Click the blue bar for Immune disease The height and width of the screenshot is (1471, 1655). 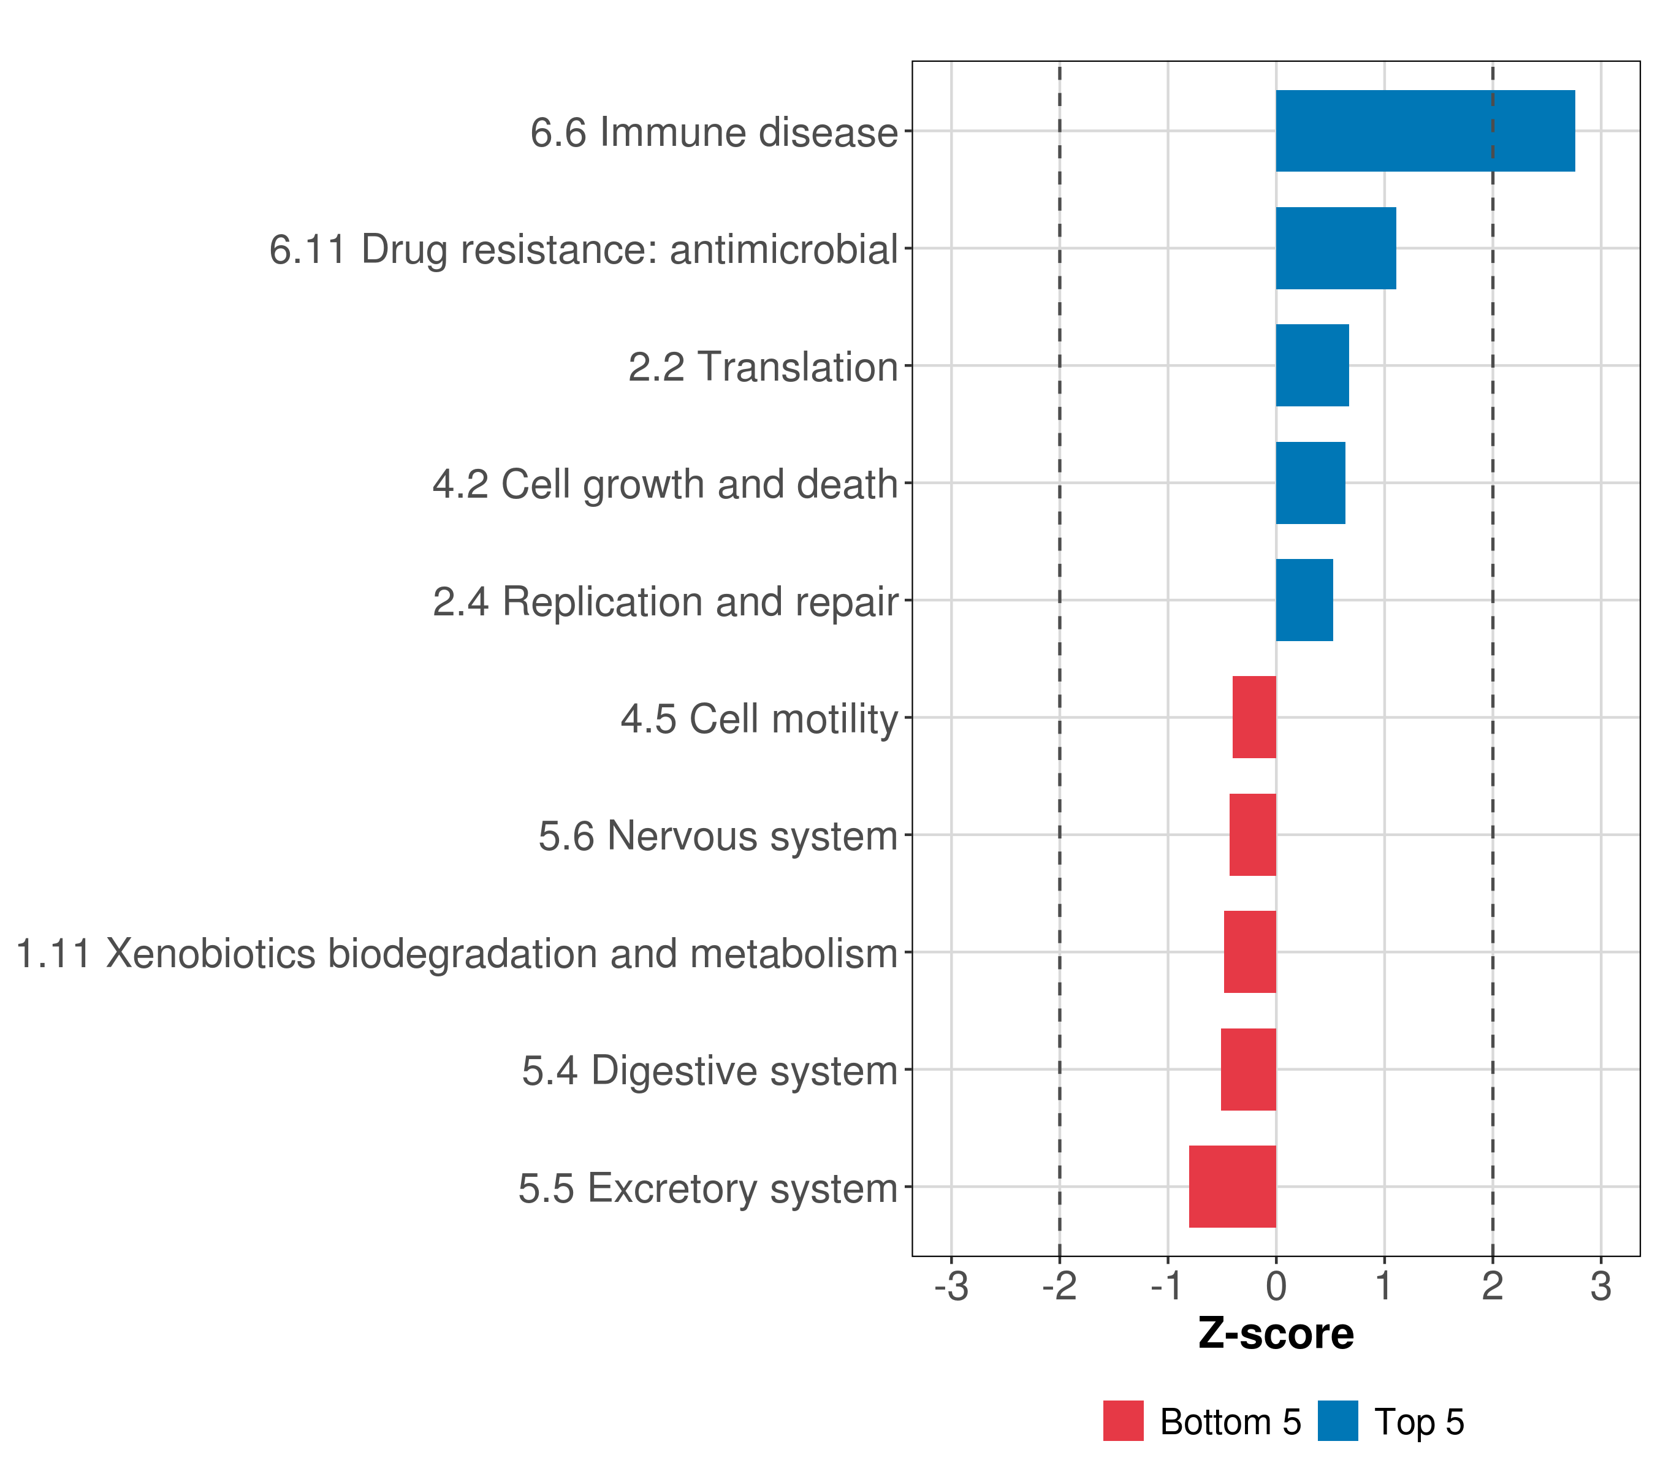(1425, 131)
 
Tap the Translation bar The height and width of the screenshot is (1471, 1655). (1312, 365)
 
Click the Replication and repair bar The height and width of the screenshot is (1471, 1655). (1304, 600)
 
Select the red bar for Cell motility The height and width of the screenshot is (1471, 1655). (1254, 717)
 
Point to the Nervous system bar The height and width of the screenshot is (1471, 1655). (1252, 835)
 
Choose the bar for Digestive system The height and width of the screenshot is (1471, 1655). (1248, 1070)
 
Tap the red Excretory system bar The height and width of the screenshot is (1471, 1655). (1232, 1187)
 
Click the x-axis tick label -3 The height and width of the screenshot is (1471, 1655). (951, 1287)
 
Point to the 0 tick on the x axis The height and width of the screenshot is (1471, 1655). (1276, 1287)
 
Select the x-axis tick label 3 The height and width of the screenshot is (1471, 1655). (1600, 1287)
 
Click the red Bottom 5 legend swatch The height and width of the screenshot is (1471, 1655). (1123, 1421)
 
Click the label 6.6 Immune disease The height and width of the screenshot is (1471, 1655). (714, 132)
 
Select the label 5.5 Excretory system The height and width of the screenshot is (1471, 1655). (709, 1188)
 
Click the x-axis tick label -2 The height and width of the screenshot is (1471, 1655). (1059, 1287)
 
